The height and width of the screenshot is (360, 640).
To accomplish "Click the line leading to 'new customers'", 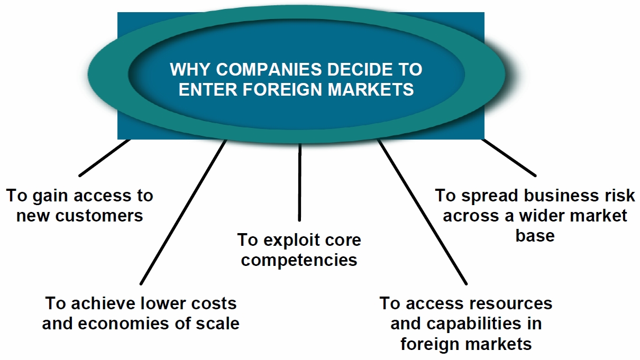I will click(x=104, y=158).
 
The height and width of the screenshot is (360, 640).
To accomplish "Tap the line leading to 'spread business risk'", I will click(x=509, y=158).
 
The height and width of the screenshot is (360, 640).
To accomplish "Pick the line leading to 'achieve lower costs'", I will click(x=183, y=211).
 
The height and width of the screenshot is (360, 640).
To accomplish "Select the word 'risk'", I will click(x=620, y=195).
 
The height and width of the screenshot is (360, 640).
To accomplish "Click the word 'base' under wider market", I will click(x=535, y=235).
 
